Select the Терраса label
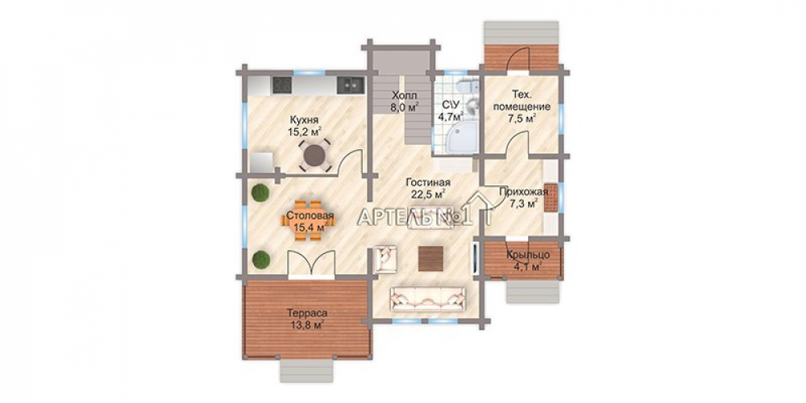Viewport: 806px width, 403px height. pyautogui.click(x=307, y=313)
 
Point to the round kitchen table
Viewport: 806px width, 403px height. pyautogui.click(x=314, y=155)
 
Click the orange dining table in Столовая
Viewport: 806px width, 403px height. pyautogui.click(x=308, y=221)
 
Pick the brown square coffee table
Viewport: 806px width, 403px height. pyautogui.click(x=430, y=259)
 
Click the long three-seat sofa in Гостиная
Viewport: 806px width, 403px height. pyautogui.click(x=428, y=299)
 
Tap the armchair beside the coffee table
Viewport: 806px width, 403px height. pyautogui.click(x=385, y=259)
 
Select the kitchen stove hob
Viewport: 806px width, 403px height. pyautogui.click(x=281, y=85)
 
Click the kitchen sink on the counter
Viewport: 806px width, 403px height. pyautogui.click(x=351, y=85)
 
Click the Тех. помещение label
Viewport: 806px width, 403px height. pyautogui.click(x=521, y=102)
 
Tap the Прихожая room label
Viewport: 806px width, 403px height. pyautogui.click(x=523, y=193)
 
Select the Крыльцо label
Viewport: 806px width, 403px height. pyautogui.click(x=529, y=255)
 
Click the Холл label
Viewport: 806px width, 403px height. pyautogui.click(x=404, y=96)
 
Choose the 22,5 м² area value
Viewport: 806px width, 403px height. pyautogui.click(x=428, y=193)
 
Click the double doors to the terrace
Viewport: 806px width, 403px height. pyautogui.click(x=311, y=264)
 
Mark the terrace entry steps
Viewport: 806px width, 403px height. pyautogui.click(x=306, y=370)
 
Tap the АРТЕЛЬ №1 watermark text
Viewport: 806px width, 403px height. pyautogui.click(x=415, y=218)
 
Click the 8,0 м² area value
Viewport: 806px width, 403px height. pyautogui.click(x=405, y=107)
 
